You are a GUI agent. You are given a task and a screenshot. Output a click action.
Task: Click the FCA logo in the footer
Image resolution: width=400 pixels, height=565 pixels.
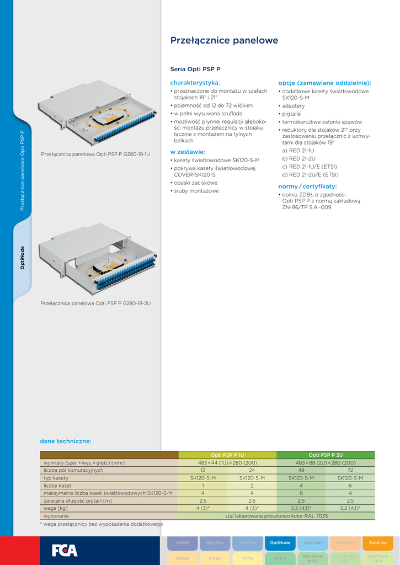(65, 550)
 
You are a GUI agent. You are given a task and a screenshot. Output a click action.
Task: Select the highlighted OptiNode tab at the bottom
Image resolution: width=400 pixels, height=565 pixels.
(280, 543)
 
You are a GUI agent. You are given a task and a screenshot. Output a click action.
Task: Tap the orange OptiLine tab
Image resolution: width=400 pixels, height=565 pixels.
(378, 543)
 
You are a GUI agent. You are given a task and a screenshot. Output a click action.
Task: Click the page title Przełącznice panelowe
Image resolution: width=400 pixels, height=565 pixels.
(224, 40)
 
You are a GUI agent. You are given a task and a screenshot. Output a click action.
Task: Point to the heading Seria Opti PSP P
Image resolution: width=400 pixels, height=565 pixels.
(195, 70)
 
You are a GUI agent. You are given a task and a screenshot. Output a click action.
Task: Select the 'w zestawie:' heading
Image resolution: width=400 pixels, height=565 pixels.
(188, 151)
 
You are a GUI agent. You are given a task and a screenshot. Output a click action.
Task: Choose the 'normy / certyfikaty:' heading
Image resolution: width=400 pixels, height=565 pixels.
(307, 186)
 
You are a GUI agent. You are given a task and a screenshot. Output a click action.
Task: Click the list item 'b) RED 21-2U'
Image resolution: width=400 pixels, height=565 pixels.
(298, 158)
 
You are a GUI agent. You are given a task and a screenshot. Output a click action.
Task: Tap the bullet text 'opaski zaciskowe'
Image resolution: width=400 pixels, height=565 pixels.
(195, 183)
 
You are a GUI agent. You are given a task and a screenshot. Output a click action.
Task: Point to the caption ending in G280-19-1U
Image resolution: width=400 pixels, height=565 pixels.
(95, 154)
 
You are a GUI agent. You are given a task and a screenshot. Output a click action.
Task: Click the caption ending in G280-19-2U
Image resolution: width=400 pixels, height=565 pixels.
(95, 303)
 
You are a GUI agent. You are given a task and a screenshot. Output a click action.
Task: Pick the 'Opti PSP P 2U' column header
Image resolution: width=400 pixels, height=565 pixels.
(326, 455)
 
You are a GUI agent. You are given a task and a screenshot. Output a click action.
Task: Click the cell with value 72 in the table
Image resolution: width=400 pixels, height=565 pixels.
(350, 470)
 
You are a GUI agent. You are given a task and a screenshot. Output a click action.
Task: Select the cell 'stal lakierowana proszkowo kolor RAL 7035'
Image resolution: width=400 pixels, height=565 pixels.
(276, 516)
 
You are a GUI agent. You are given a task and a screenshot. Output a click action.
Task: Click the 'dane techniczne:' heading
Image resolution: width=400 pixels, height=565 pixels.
(65, 441)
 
